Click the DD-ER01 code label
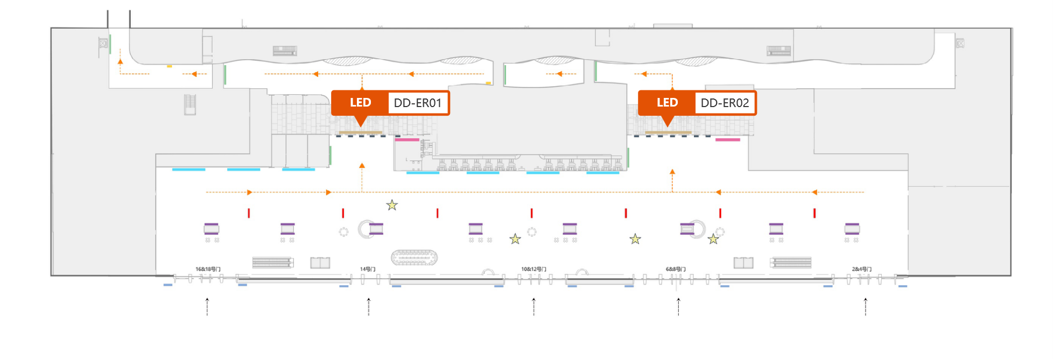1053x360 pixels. [x=417, y=103]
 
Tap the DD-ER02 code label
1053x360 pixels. [x=725, y=103]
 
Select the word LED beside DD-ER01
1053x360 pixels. [x=360, y=103]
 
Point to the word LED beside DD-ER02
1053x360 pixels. [x=667, y=103]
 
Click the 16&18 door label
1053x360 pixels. [x=208, y=269]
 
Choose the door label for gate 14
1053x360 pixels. [x=368, y=269]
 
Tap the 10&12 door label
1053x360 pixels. [x=533, y=269]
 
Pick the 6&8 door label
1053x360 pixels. [x=676, y=269]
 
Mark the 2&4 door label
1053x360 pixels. [x=861, y=269]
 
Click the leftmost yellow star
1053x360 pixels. [x=392, y=205]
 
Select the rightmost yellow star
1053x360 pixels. [x=713, y=239]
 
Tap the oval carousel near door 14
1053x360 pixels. [x=414, y=258]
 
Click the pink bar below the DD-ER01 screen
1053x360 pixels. [x=407, y=139]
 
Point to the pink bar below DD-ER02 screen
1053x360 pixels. [x=727, y=139]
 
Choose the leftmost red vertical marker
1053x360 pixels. [x=249, y=213]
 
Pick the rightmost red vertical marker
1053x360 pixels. [x=815, y=213]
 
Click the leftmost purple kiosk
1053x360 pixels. [x=212, y=229]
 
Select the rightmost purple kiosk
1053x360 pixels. [x=852, y=229]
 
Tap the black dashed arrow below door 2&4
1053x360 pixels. [x=866, y=307]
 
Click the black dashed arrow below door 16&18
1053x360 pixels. [x=207, y=307]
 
